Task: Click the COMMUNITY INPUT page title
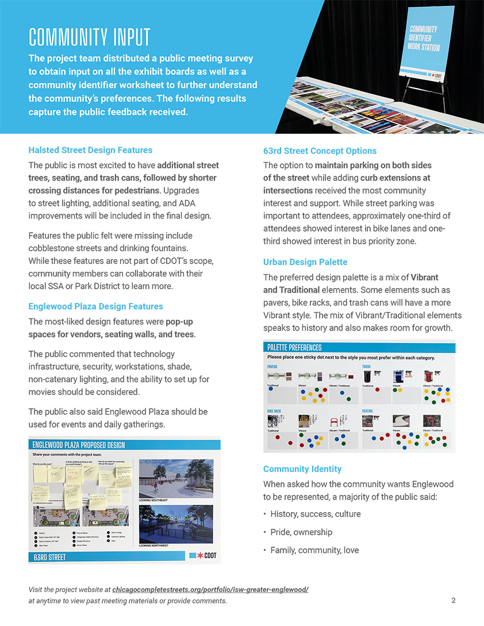coord(89,37)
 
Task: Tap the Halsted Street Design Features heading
coord(90,150)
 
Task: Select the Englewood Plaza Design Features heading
coord(95,306)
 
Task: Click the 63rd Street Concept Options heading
coord(320,151)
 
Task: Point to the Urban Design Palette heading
coord(305,262)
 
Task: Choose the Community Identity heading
coord(302,469)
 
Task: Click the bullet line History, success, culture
coord(316,513)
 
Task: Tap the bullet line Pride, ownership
coord(301,532)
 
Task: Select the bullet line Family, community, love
coord(314,550)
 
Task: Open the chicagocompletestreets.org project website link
coord(210,590)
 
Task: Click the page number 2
coord(454,601)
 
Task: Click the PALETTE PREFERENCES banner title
coord(294,347)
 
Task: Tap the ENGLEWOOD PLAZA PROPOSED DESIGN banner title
coord(78,445)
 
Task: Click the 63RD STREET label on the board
coord(49,557)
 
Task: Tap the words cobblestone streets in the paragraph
coord(59,248)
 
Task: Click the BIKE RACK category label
coord(274,411)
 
